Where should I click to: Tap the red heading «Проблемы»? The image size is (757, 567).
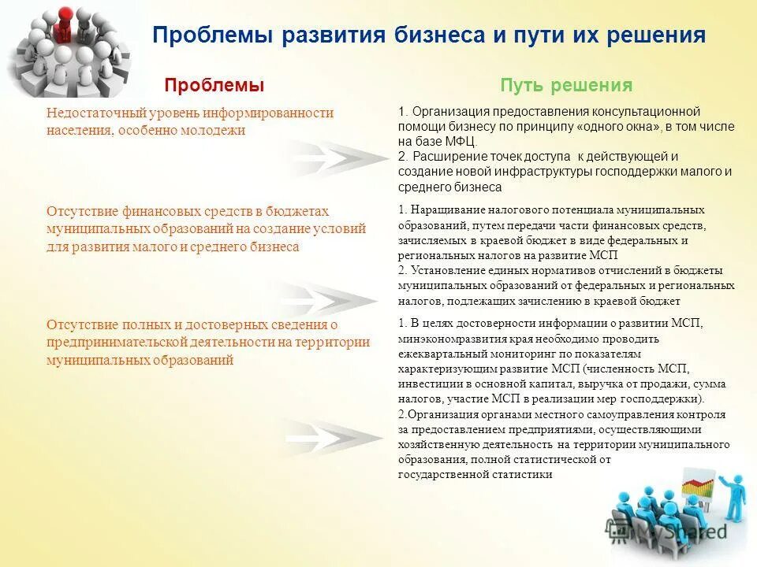click(214, 85)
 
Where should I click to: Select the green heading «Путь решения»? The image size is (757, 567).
click(566, 85)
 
